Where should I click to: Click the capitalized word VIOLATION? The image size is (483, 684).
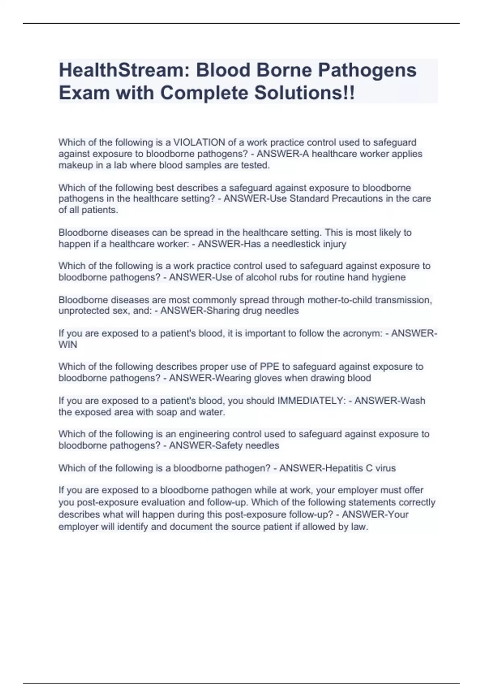pos(199,142)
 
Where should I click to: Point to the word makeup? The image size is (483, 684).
pos(76,165)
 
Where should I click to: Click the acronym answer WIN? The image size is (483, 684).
pos(68,344)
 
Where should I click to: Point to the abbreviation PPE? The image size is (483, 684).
pos(269,367)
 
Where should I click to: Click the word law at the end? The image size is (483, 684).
pos(359,526)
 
